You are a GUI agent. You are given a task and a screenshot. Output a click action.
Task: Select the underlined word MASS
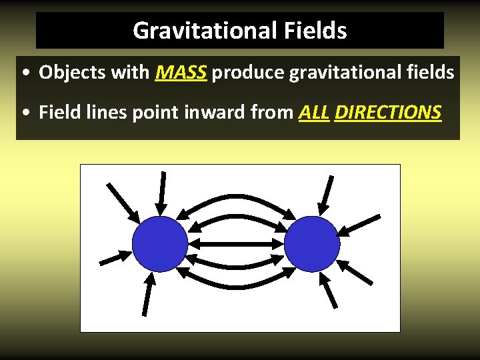182,72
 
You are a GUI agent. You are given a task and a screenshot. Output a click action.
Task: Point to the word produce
248,72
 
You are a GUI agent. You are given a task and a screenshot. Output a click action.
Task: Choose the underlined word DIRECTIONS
388,112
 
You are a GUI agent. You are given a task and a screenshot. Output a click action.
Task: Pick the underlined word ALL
314,112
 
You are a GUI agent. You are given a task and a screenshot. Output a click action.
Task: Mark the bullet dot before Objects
24,73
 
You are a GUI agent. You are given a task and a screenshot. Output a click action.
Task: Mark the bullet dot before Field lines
24,113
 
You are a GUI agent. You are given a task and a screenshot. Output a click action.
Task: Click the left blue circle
160,244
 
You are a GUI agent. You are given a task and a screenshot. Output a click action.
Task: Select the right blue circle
312,244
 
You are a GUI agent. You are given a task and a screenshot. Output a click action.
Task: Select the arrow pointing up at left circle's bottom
147,293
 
